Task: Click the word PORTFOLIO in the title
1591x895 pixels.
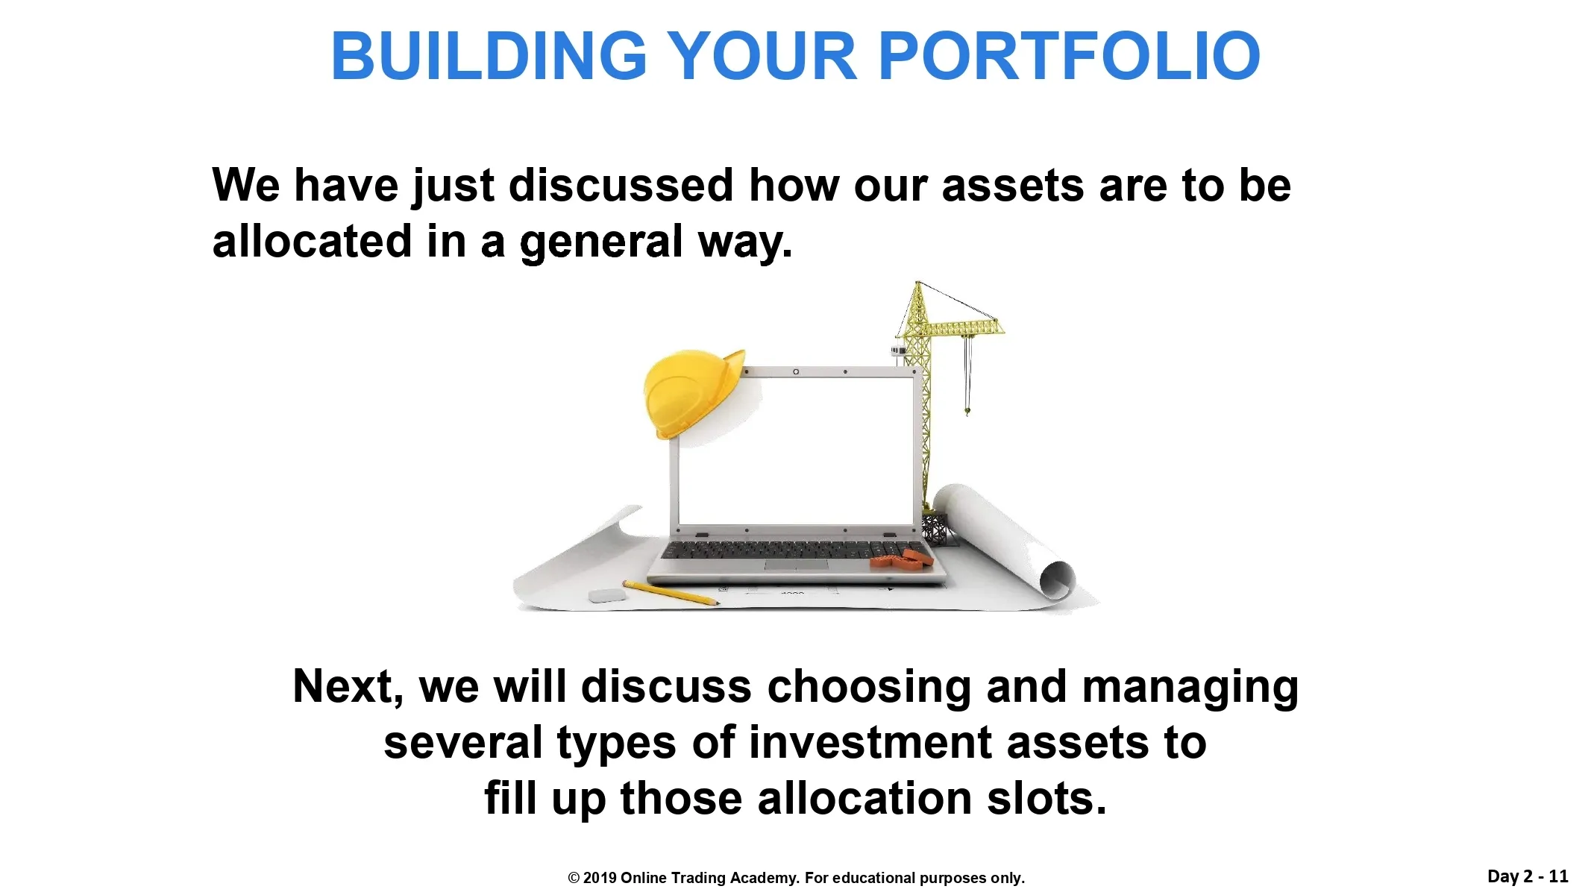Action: coord(1070,56)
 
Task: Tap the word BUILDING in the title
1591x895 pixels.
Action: coord(489,56)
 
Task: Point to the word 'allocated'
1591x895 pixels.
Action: coord(312,241)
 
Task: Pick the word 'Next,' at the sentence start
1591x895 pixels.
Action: coord(348,686)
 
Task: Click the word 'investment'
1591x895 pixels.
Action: coord(870,743)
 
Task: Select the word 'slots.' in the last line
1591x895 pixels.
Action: coord(1047,798)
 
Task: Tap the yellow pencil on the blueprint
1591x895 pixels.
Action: coord(671,593)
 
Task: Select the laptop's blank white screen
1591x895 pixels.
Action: coord(796,450)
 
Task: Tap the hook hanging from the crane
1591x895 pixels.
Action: coord(967,409)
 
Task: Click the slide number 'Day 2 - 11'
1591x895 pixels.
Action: coord(1528,876)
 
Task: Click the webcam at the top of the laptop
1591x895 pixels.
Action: coord(796,371)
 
